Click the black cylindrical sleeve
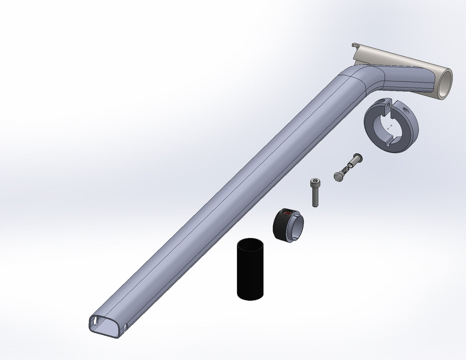tap(250, 274)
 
